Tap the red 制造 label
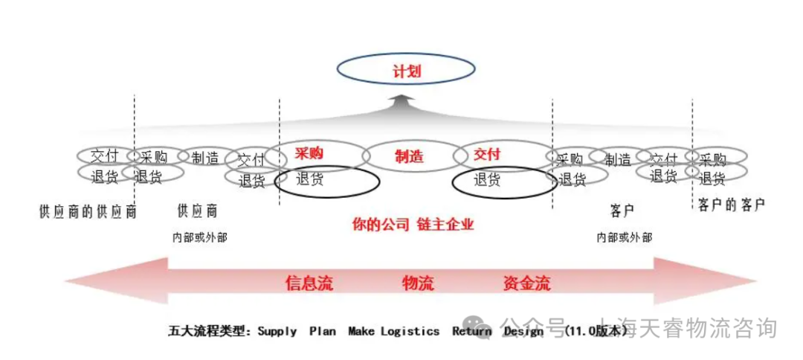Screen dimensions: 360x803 [409, 156]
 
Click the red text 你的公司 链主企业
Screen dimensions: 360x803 [413, 224]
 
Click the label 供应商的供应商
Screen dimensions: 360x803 [88, 210]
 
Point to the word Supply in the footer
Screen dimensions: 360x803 [277, 331]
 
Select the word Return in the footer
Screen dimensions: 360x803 [471, 331]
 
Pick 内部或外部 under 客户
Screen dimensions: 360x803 [625, 237]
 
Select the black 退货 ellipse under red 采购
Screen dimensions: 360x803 [327, 180]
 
